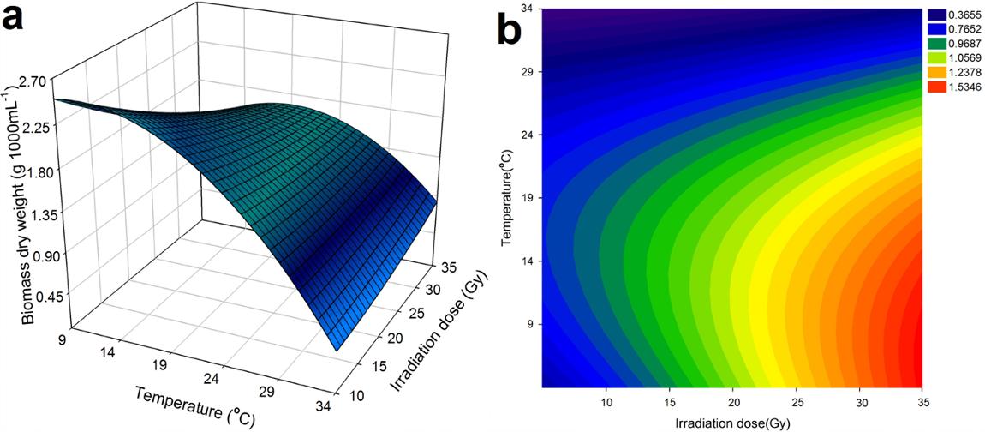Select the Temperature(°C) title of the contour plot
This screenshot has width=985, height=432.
(507, 197)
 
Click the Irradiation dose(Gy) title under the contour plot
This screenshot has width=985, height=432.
(733, 423)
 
